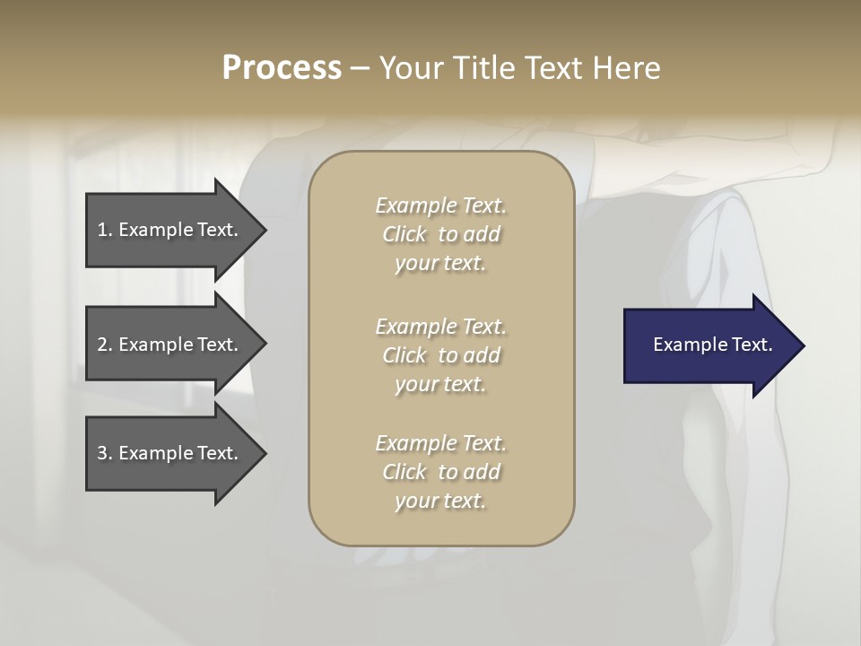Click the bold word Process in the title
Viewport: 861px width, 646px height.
click(x=282, y=68)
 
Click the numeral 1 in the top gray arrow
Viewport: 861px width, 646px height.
click(x=102, y=230)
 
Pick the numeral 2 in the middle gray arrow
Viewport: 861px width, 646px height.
click(x=102, y=345)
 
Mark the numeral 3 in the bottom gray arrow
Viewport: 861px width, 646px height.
click(x=102, y=453)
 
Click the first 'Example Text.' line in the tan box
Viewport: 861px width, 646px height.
click(x=440, y=205)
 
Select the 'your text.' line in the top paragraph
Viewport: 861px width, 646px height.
click(x=440, y=264)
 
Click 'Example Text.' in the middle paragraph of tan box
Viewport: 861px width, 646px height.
click(x=440, y=326)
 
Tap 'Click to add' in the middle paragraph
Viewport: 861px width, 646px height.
click(x=440, y=355)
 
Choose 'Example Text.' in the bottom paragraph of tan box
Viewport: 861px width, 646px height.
click(x=440, y=443)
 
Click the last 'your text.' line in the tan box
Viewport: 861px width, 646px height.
click(x=440, y=502)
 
